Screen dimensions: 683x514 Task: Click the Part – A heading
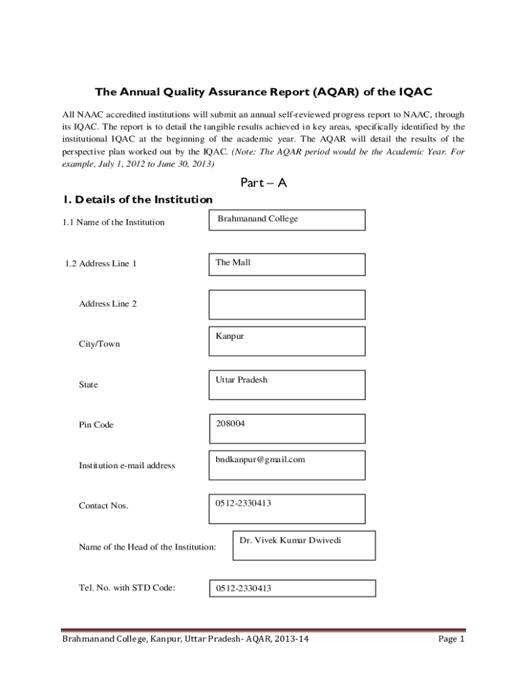click(x=262, y=183)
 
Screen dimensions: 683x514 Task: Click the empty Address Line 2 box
click(x=286, y=305)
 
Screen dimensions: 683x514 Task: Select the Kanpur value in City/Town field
click(x=230, y=336)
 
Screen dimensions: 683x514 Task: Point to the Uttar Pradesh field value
click(x=241, y=380)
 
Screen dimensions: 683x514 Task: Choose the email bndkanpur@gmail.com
click(x=260, y=460)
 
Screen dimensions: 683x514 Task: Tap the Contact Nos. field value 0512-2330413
click(x=243, y=504)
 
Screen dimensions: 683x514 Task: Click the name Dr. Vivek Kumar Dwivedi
click(x=290, y=540)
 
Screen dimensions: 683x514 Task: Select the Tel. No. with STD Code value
click(x=243, y=588)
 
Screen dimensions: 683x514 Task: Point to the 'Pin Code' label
click(x=96, y=425)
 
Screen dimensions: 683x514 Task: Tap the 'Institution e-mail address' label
click(x=127, y=466)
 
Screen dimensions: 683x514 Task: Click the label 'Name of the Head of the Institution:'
click(x=148, y=547)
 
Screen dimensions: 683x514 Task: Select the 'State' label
click(x=88, y=385)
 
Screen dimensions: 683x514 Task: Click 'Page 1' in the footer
click(x=451, y=639)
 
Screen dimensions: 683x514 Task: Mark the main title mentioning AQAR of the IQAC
click(x=259, y=92)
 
